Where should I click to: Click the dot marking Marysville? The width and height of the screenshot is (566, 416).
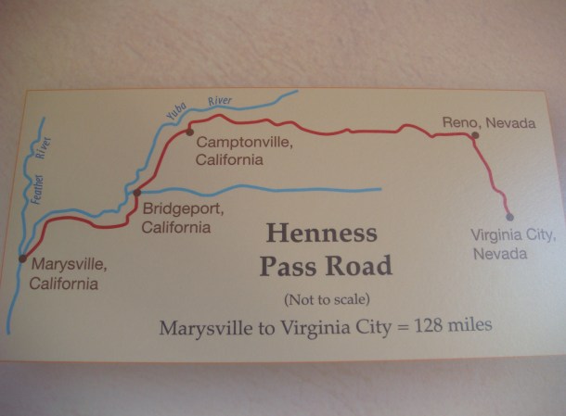pos(22,258)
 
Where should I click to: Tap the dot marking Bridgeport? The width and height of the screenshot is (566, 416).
pos(136,193)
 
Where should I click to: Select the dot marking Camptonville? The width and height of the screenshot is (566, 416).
pos(189,132)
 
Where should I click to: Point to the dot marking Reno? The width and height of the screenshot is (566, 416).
pos(474,135)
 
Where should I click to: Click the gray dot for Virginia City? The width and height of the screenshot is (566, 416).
pos(508,217)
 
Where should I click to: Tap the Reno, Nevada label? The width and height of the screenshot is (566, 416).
pos(489,121)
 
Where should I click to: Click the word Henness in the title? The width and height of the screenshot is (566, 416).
pos(322,233)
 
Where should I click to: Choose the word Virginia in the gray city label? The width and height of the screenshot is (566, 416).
pos(498,235)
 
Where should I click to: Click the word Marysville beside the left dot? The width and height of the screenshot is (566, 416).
pos(68,267)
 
